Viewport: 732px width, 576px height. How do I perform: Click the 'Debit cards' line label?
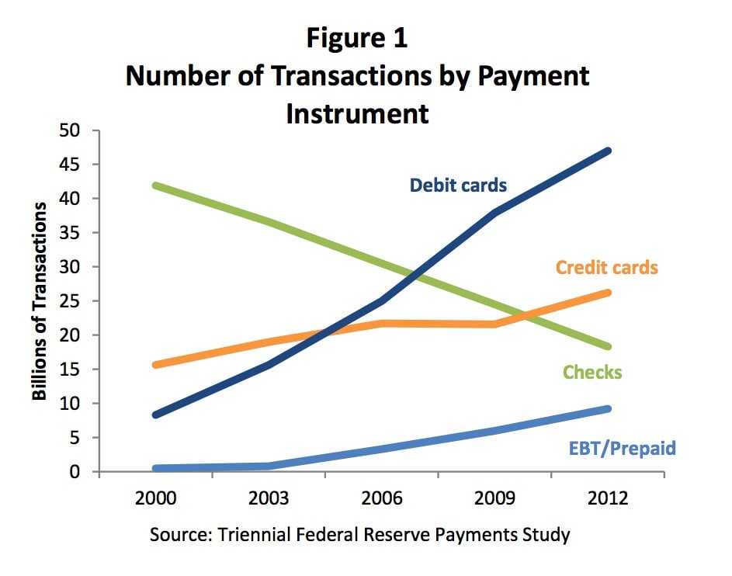coord(458,186)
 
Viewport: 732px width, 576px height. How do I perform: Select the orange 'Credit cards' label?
coord(606,268)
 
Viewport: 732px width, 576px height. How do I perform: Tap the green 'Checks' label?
coord(592,372)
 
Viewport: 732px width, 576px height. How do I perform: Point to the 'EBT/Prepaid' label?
coord(623,448)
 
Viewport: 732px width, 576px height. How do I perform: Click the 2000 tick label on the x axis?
coord(155,498)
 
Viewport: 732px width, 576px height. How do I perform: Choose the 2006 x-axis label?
coord(381,498)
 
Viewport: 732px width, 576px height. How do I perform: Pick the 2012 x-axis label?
coord(607,498)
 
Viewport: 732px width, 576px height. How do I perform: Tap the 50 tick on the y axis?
coord(70,130)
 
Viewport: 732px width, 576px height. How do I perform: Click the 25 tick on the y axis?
coord(70,301)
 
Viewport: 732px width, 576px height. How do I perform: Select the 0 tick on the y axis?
coord(75,471)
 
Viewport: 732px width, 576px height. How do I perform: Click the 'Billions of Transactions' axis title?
coord(40,301)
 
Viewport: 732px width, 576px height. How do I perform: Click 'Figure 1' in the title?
coord(357,37)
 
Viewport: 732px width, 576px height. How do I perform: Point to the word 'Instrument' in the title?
coord(357,113)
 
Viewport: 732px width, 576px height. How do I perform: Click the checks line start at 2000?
coord(156,186)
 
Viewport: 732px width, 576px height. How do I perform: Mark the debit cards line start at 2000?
coord(156,415)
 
